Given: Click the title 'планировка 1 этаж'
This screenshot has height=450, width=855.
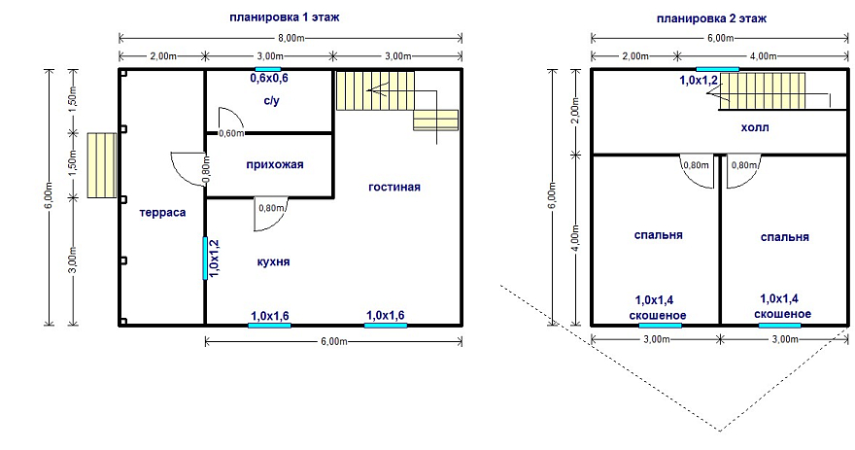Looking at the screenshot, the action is (284, 17).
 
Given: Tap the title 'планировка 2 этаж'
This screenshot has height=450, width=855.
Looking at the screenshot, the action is (711, 18).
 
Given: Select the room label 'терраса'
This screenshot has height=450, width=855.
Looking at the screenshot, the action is (162, 213).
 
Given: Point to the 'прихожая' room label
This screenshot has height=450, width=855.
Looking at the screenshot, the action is (275, 164).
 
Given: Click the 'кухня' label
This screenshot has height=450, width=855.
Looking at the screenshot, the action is (274, 261).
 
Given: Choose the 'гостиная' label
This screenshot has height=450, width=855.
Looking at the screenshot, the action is (394, 187).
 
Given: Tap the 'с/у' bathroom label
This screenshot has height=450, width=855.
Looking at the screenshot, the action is (271, 101).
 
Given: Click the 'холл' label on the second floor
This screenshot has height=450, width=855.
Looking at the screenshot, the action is (755, 127).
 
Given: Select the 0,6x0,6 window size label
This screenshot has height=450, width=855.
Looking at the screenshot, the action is (269, 79).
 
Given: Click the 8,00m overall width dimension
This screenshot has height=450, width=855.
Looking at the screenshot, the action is (291, 38).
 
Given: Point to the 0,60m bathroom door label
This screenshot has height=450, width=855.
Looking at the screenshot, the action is (231, 133).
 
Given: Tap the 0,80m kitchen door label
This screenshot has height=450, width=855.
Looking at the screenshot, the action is (271, 208).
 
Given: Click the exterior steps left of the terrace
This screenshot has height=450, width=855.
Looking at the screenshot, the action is (101, 164).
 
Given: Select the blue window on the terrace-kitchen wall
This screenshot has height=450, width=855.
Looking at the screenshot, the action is (205, 258).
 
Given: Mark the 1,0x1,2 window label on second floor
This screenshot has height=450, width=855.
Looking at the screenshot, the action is (699, 81).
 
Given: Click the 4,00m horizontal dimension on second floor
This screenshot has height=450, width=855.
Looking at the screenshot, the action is (764, 56).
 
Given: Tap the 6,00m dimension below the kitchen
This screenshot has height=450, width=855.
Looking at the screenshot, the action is (333, 341).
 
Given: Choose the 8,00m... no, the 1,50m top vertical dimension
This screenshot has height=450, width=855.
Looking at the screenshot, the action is (74, 100).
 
